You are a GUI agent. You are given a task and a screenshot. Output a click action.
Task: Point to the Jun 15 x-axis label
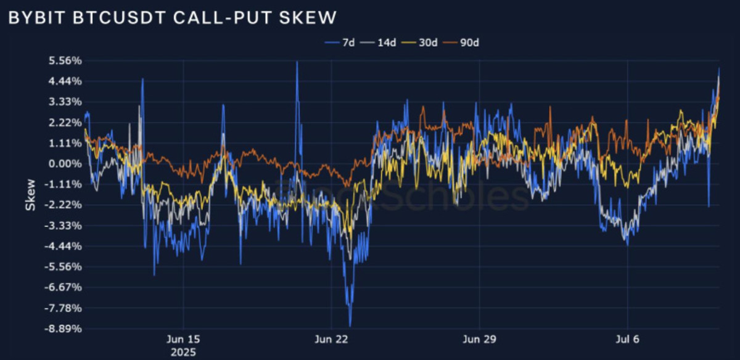point(184,340)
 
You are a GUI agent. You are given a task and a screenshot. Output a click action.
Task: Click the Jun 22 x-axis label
point(332,340)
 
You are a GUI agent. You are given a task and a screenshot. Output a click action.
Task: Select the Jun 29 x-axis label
point(480,340)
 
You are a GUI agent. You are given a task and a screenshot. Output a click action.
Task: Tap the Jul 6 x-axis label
point(628,340)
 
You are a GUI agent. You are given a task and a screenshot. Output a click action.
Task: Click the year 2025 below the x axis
point(184,353)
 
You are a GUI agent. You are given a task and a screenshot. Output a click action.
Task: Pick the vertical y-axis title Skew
point(30,195)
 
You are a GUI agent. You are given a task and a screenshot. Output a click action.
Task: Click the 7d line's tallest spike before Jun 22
point(297,62)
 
